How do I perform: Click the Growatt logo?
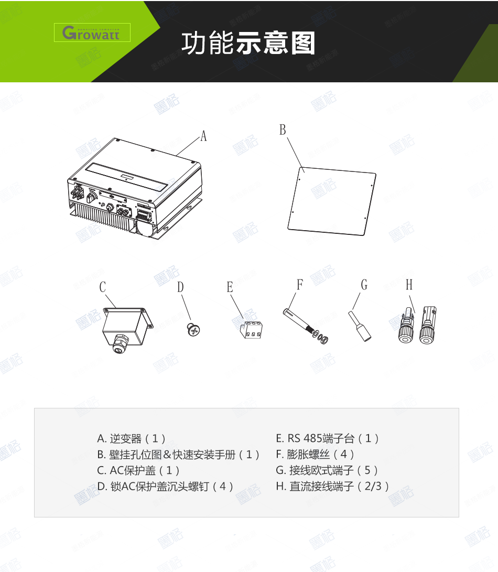[92, 33]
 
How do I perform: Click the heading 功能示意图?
[248, 44]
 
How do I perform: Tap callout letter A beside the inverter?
[203, 136]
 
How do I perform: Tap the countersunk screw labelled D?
[194, 330]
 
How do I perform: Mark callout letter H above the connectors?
[409, 285]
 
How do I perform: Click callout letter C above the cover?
[103, 287]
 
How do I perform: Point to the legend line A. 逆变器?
[132, 438]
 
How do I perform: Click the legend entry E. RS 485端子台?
[328, 438]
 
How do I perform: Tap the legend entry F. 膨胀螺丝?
[315, 454]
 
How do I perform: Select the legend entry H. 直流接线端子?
[333, 486]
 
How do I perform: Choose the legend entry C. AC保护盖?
[139, 470]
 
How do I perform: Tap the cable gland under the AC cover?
[121, 343]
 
